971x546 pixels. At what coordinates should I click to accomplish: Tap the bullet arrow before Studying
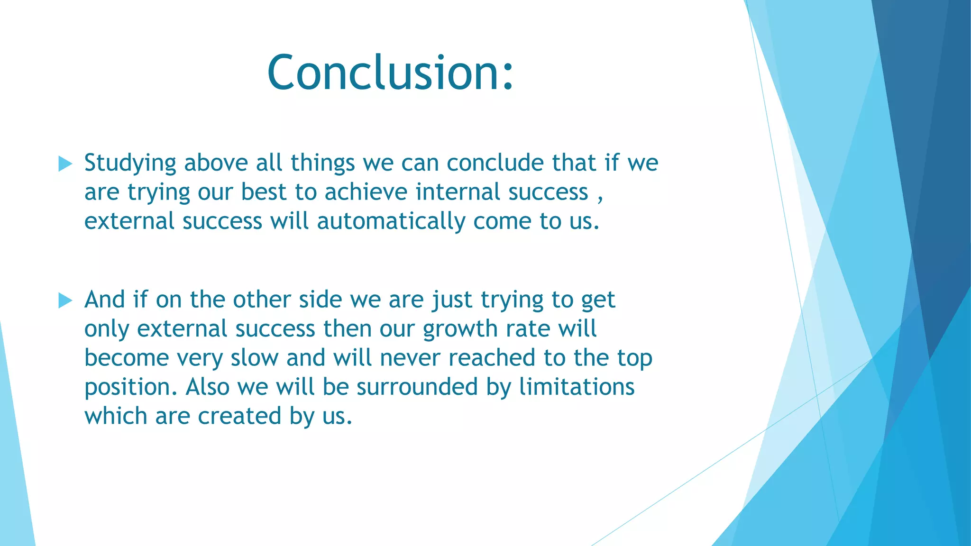click(x=65, y=164)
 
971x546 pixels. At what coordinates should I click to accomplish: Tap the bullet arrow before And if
click(x=65, y=300)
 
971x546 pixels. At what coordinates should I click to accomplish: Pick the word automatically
click(x=391, y=222)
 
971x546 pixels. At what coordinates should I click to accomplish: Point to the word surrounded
click(x=417, y=387)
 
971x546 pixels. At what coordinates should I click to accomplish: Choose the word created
click(x=239, y=416)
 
